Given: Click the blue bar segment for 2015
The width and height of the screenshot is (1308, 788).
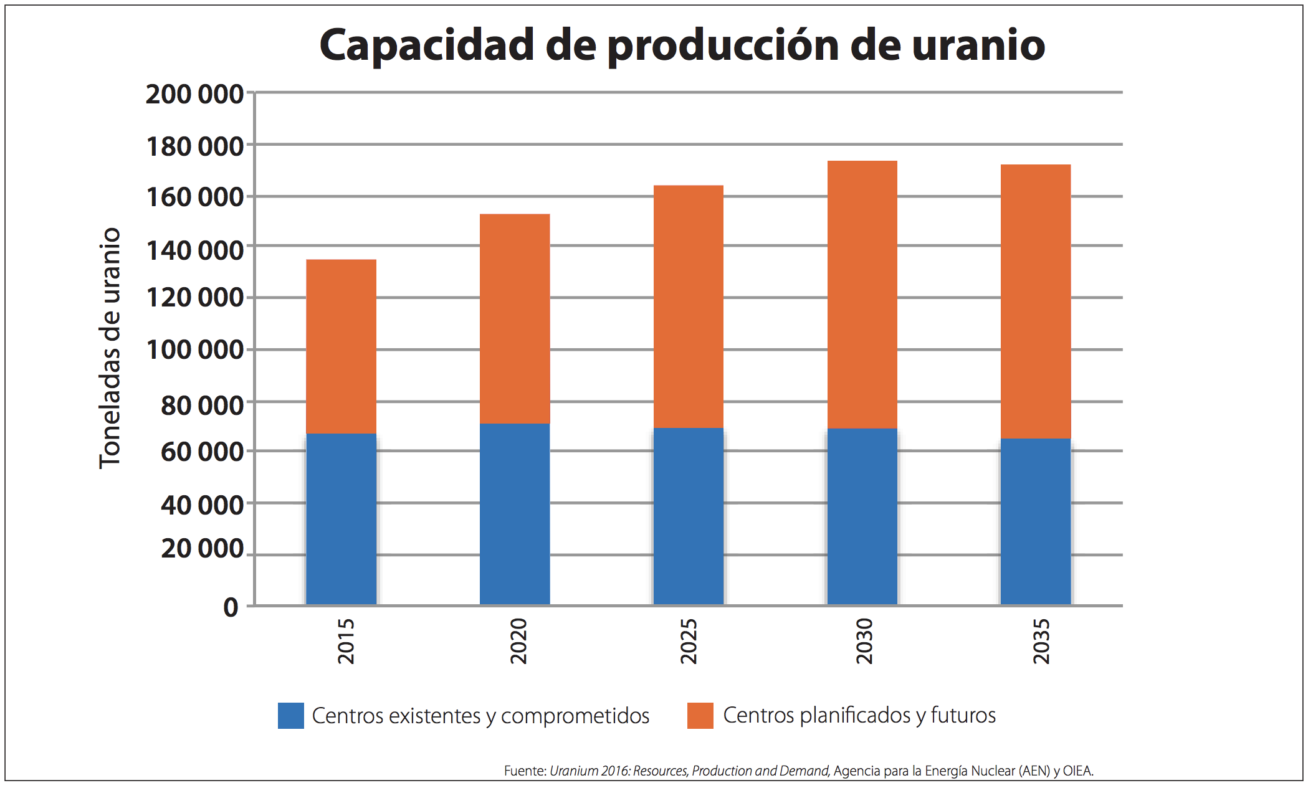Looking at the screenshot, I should (x=341, y=518).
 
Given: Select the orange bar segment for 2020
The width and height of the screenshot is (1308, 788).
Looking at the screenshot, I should (x=515, y=318).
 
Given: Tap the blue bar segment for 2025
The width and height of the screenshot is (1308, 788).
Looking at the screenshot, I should (x=688, y=516).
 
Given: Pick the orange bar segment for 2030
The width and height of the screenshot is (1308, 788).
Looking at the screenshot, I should (x=862, y=294).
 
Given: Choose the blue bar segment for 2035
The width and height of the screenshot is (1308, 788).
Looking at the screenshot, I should (x=1035, y=521).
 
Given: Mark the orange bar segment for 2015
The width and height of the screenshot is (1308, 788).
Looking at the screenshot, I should (x=341, y=346).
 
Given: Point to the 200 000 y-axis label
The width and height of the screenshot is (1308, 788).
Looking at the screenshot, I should (x=194, y=94).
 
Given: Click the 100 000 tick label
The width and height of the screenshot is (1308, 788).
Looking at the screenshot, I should (x=194, y=349).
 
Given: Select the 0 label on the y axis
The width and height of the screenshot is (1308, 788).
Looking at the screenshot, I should (x=231, y=607).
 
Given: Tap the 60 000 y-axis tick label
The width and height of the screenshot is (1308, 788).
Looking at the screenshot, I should (x=201, y=452).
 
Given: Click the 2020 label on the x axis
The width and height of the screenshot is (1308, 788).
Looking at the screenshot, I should (x=518, y=641).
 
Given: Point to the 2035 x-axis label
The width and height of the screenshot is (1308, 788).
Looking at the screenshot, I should (x=1041, y=641).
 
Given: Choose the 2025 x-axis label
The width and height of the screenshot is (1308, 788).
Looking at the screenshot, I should (x=688, y=641).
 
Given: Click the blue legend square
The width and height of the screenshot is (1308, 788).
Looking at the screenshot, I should (x=290, y=716).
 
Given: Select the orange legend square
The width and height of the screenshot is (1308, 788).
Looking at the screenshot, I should (x=700, y=716).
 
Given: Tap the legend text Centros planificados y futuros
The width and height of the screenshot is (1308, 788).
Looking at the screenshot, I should (x=859, y=716).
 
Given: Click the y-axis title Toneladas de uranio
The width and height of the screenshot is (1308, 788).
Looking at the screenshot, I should (x=110, y=348).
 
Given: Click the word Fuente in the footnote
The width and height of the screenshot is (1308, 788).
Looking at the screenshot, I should (x=525, y=771).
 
